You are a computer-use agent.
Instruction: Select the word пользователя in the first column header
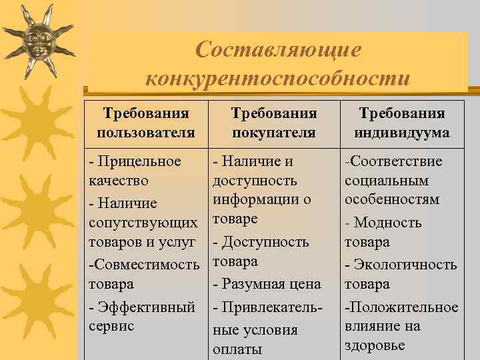point(146,133)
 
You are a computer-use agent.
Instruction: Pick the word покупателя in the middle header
point(274,133)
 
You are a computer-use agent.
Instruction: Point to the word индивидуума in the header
point(402,133)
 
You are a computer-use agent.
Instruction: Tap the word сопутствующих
point(143,223)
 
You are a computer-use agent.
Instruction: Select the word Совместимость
point(147,265)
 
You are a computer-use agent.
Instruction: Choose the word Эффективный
point(146,307)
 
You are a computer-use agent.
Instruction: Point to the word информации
point(256,199)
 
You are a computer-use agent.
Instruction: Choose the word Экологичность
point(406,265)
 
